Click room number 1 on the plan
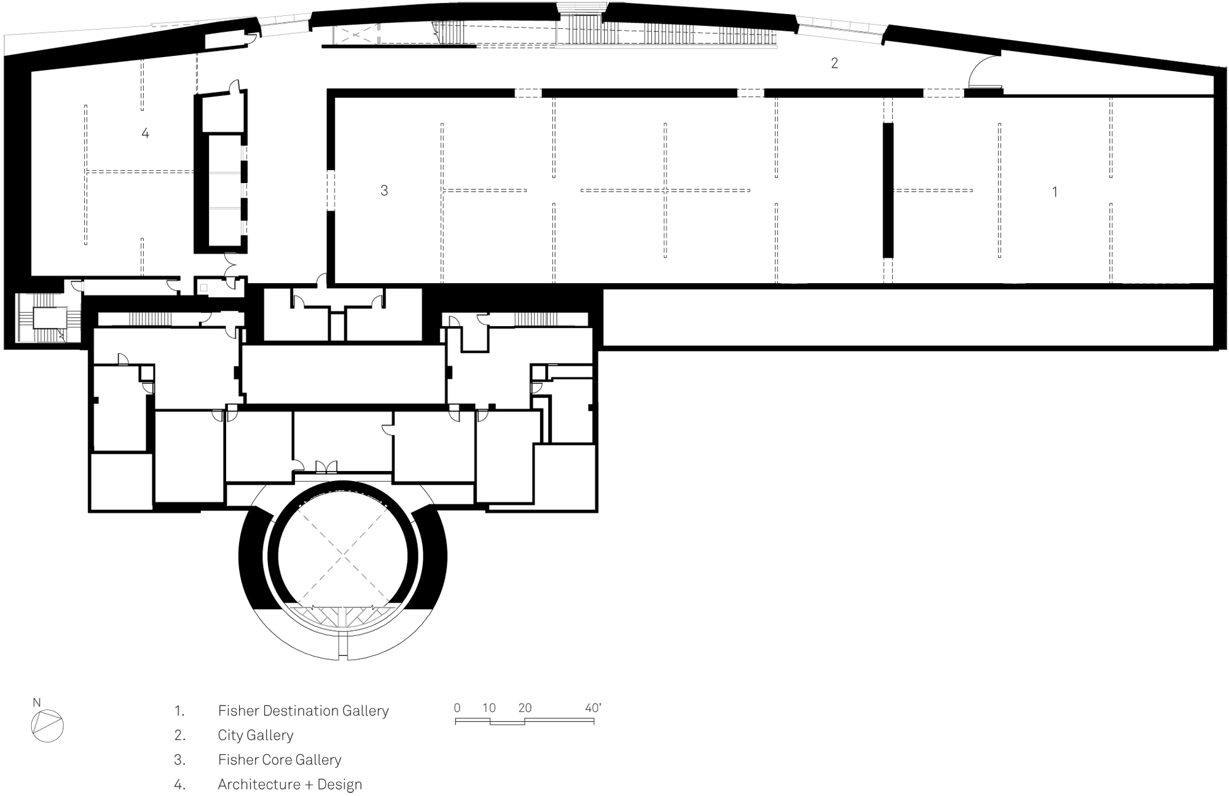(x=1054, y=192)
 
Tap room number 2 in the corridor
(x=834, y=63)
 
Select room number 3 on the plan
(x=384, y=191)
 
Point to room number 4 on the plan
(x=145, y=133)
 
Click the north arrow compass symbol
(x=47, y=727)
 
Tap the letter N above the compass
(x=37, y=703)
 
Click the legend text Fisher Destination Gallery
(x=304, y=711)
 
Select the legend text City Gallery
(x=256, y=735)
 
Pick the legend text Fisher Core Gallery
(x=280, y=760)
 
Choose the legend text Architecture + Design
(x=290, y=784)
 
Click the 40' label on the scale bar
(x=593, y=708)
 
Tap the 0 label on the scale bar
(x=457, y=708)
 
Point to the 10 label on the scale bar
(x=489, y=708)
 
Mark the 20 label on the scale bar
(x=525, y=708)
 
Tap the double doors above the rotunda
(x=326, y=467)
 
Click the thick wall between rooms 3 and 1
(x=888, y=190)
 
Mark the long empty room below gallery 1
(x=909, y=318)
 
